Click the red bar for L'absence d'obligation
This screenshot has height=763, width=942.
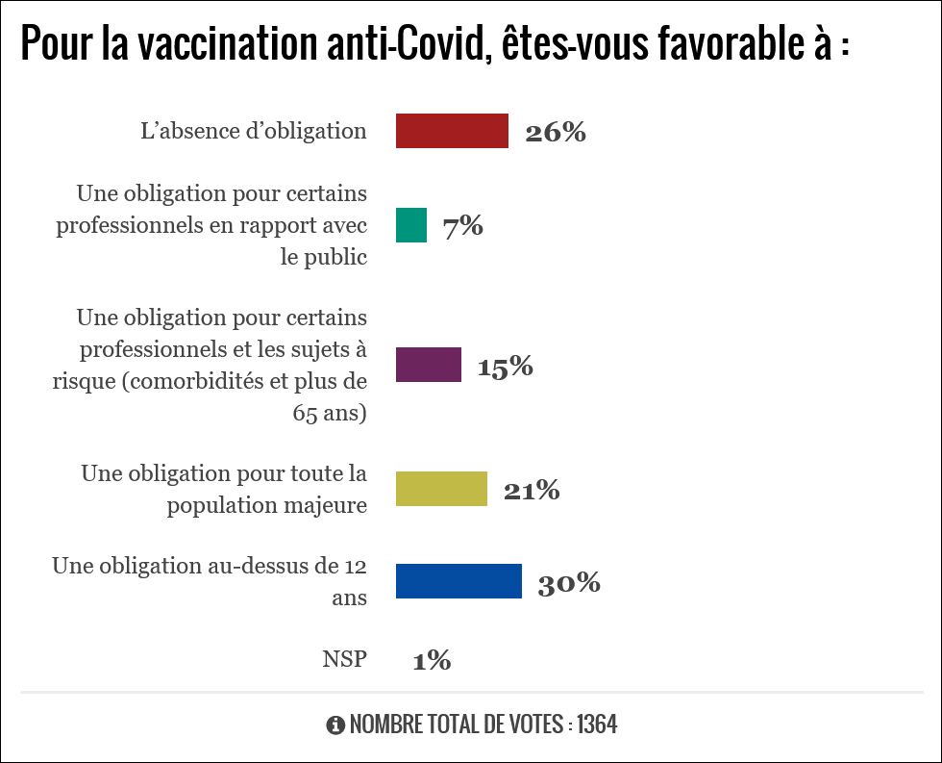point(452,131)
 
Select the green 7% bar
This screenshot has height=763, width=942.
point(411,225)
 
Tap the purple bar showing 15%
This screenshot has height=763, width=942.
point(429,366)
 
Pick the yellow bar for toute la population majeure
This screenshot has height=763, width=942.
point(442,489)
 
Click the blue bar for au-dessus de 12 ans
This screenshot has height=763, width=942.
point(459,581)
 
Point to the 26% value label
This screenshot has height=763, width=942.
point(556,133)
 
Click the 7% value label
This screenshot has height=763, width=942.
point(462,227)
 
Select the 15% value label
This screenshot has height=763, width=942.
point(505,367)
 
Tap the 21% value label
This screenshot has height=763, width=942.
point(532,491)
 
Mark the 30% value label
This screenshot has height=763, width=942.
point(569,583)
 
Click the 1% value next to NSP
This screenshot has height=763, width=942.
point(432,661)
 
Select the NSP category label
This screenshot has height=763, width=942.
point(344,660)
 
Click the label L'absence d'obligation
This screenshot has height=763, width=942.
point(254,131)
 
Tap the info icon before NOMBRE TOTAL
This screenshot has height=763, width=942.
point(335,725)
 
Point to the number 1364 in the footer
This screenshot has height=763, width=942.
point(596,725)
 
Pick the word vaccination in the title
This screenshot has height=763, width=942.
point(214,44)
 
